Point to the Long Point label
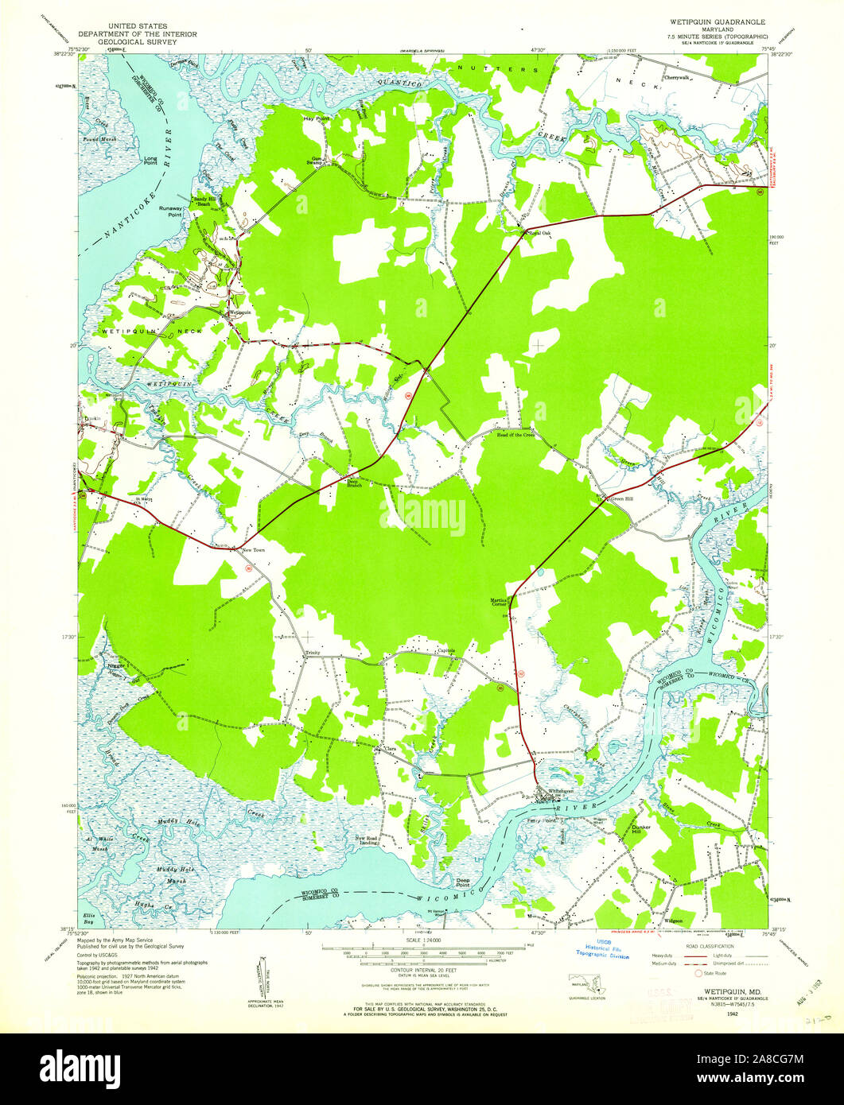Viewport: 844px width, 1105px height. (x=150, y=160)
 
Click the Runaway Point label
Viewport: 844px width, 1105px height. (x=170, y=211)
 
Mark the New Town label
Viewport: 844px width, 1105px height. (x=253, y=549)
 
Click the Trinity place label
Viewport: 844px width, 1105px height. (x=312, y=653)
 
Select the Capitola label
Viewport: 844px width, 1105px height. (x=446, y=650)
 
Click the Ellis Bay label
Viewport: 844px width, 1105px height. (x=91, y=916)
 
